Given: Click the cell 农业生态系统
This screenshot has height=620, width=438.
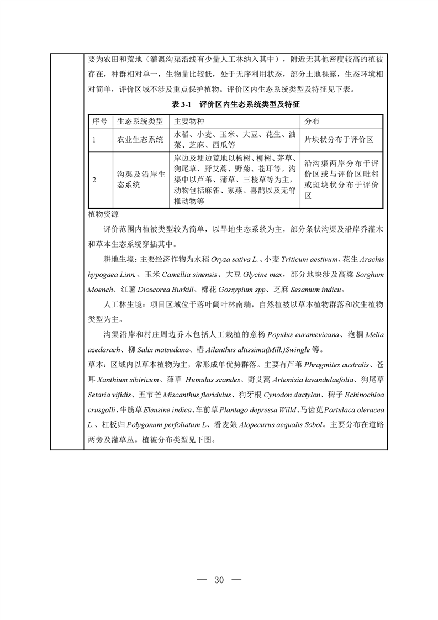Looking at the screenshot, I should (140, 140).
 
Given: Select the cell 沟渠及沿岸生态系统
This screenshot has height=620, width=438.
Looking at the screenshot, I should (141, 180).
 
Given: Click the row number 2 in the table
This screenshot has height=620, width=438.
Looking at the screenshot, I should (94, 180).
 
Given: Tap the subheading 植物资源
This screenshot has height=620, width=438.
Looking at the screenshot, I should (103, 214).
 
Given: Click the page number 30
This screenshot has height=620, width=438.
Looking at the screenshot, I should (219, 580).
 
